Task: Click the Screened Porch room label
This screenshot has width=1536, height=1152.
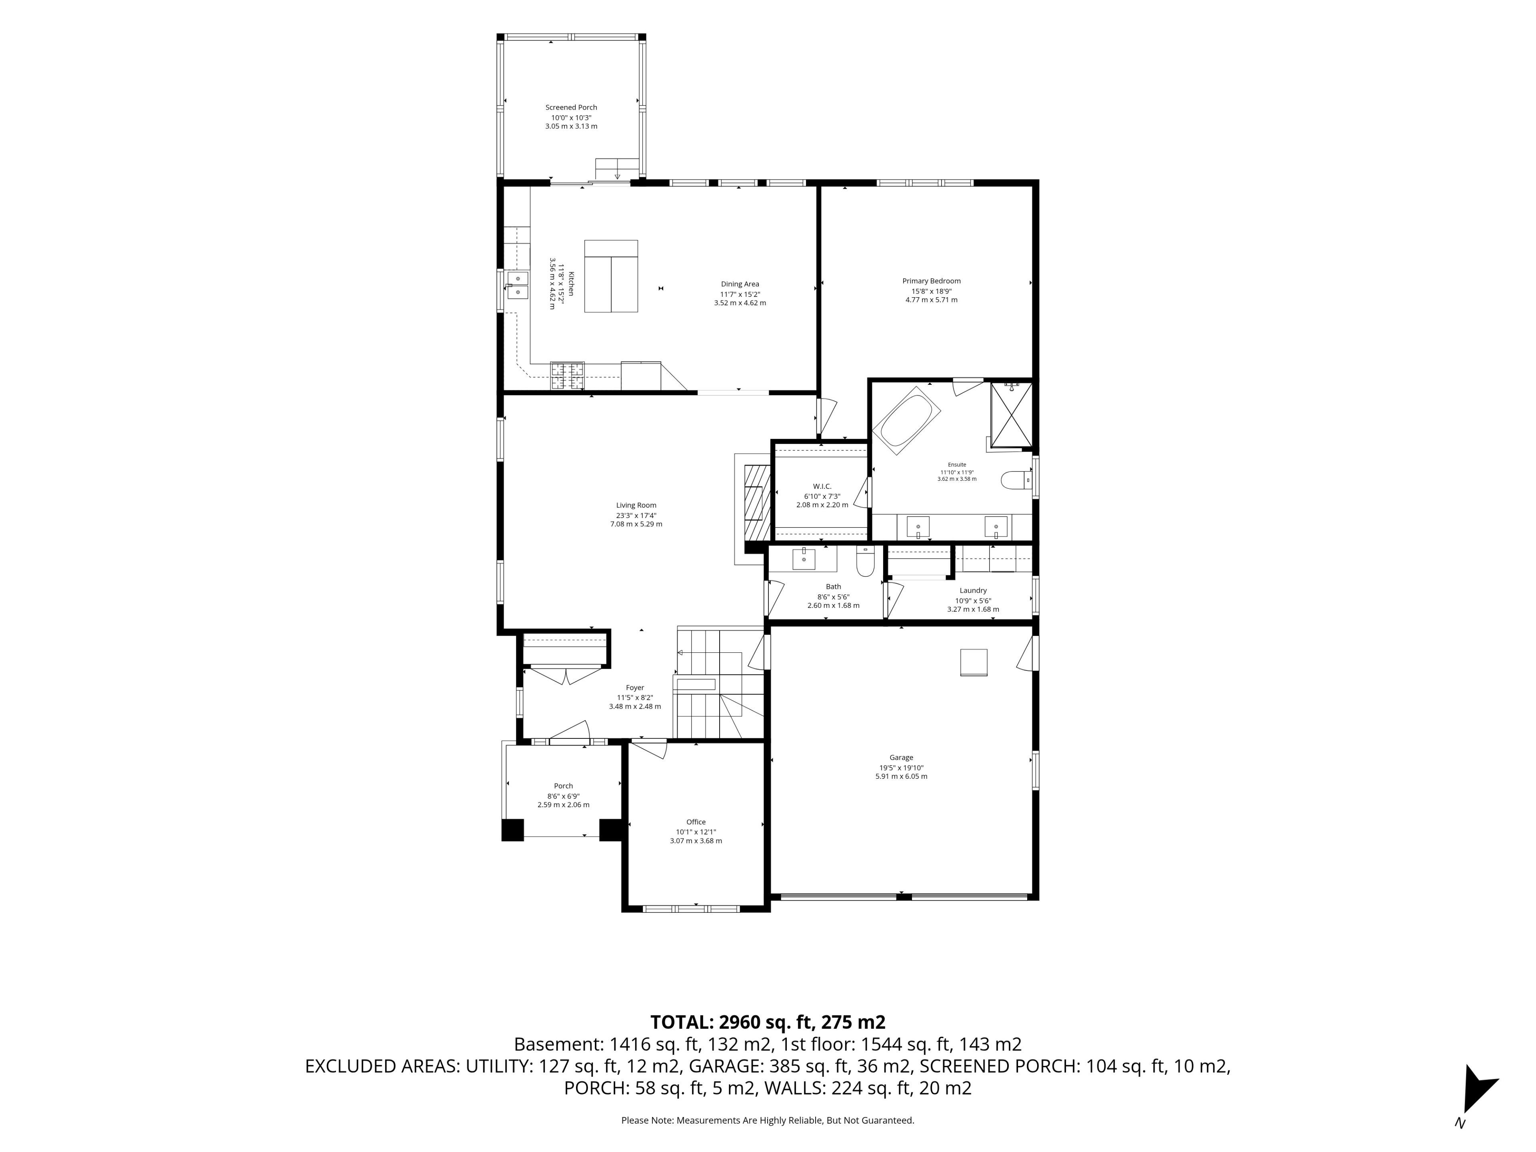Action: pos(571,108)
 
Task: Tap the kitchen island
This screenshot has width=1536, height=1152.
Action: pos(611,276)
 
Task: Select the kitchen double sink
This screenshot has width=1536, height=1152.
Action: pos(517,285)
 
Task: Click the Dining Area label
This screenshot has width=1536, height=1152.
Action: pos(740,284)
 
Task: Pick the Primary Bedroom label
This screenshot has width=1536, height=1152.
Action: pos(931,281)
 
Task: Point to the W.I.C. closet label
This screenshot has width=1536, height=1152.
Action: pos(822,486)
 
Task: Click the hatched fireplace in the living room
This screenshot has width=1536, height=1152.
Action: pos(757,502)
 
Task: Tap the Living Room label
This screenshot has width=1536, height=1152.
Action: pos(636,506)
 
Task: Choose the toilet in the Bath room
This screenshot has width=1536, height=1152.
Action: pos(864,562)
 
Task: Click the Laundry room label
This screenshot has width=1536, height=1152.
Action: pos(973,590)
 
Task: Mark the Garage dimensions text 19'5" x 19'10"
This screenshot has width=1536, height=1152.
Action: pos(901,767)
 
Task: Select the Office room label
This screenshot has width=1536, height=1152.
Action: pos(696,822)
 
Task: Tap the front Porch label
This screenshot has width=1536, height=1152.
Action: pos(563,786)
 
